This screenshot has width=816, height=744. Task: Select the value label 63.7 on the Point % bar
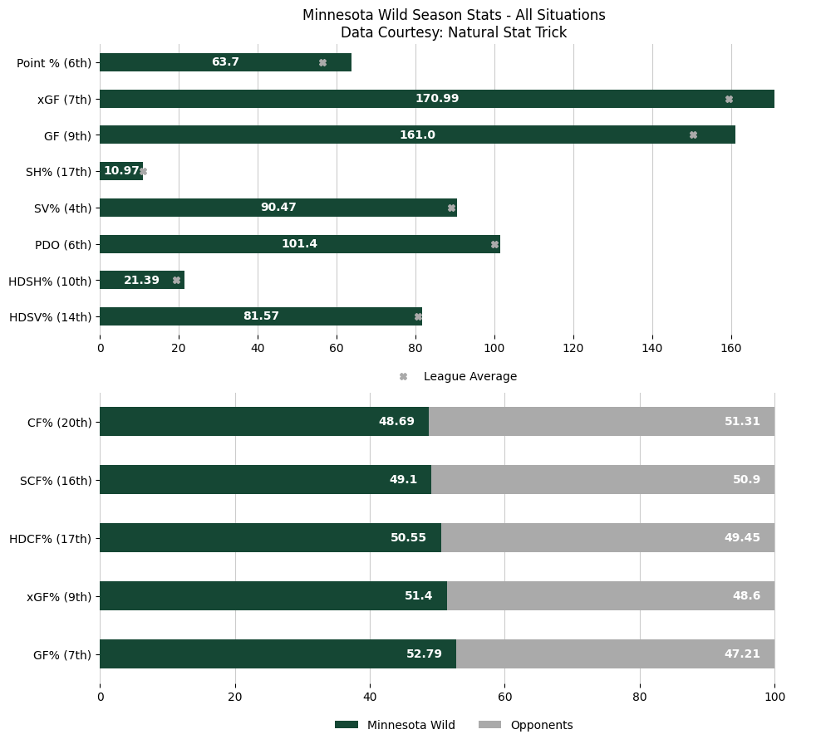pos(225,62)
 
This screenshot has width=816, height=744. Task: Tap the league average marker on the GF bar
pos(693,135)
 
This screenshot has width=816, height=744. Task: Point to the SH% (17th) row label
pos(54,172)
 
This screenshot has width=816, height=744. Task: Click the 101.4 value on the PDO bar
pos(299,244)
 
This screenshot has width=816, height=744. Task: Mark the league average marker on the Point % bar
pos(322,62)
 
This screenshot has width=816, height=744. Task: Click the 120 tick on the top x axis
pos(573,349)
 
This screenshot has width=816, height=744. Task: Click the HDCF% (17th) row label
pos(50,538)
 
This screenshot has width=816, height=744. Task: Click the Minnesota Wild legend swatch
pos(347,725)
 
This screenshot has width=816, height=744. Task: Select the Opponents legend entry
pos(541,725)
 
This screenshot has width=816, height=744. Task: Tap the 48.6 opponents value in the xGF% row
pos(746,596)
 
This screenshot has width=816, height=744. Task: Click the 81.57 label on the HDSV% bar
pos(261,316)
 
